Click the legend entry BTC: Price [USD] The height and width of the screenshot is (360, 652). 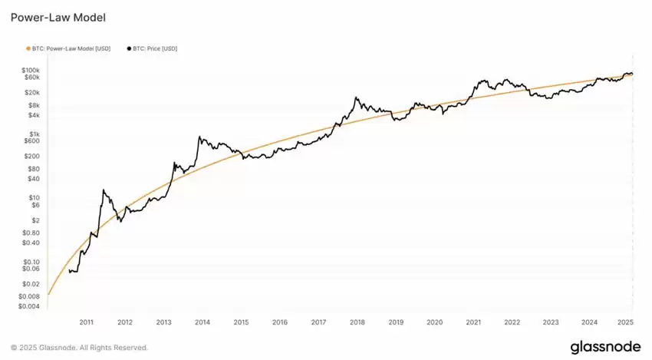tap(154, 48)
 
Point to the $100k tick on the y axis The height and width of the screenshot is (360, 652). tap(29, 71)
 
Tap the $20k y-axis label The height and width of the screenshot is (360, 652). tap(30, 91)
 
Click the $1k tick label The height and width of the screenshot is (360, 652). tap(33, 133)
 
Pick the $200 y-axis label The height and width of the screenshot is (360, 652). tap(31, 156)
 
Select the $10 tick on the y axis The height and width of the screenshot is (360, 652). tap(33, 197)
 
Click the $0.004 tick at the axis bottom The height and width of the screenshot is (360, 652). tap(28, 306)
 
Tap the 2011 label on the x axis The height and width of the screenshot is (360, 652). tap(86, 323)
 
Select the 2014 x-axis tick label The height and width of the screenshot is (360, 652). tap(203, 323)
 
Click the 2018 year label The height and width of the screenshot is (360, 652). tap(357, 323)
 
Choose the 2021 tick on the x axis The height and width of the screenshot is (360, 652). tap(474, 323)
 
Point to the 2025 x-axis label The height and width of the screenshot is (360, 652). tap(626, 323)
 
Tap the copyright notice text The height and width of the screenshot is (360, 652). tap(79, 348)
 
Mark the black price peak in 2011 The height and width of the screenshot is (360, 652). tap(104, 190)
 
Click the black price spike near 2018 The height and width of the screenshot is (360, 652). tap(356, 97)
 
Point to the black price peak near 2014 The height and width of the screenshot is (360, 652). tap(199, 137)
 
